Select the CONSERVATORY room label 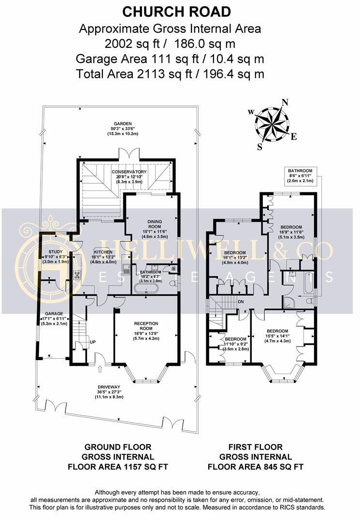point(129,172)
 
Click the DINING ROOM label point(155,224)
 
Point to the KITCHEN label point(103,252)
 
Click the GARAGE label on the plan point(54,314)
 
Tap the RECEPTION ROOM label point(146,326)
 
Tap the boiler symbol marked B point(173,269)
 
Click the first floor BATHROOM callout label point(300,171)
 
